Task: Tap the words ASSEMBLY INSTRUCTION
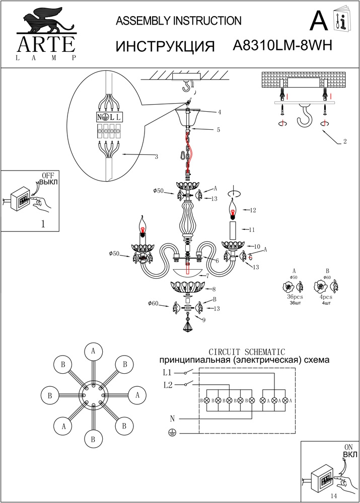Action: coord(179,21)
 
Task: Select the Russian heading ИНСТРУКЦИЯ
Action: coord(166,47)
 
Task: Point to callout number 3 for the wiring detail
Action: coord(157,157)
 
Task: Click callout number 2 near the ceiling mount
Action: coord(344,141)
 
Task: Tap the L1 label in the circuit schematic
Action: coord(168,373)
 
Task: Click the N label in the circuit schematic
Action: coord(172,418)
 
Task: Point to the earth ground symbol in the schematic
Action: coord(172,433)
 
